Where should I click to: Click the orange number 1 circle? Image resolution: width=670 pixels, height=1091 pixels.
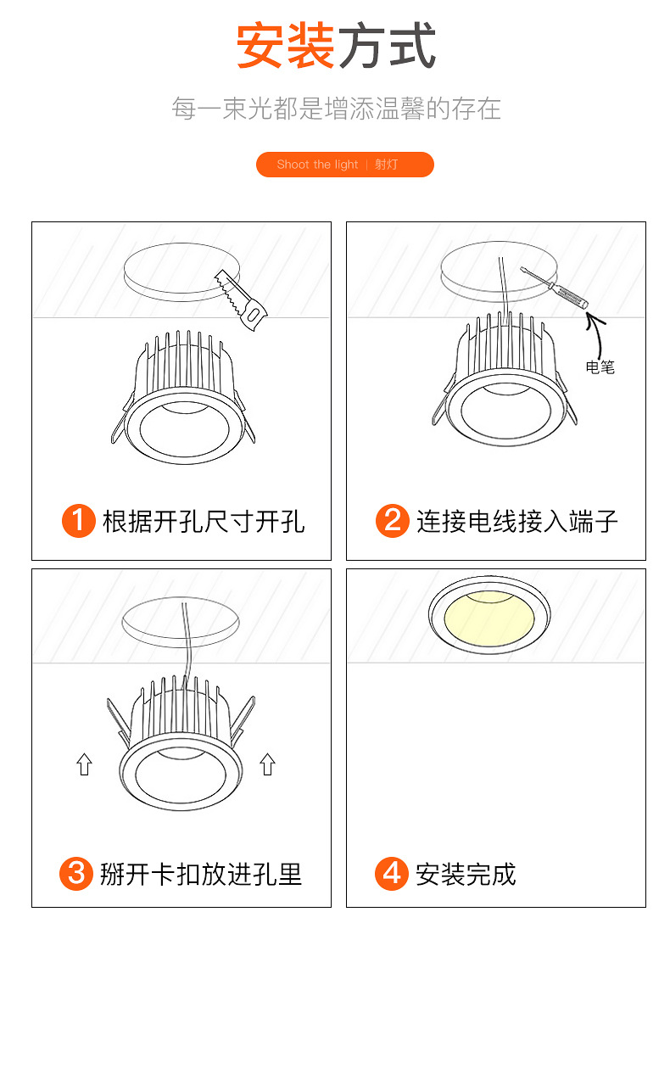tap(79, 520)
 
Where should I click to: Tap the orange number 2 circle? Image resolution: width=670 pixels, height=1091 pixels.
tap(392, 520)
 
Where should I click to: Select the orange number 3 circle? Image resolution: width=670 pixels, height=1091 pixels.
tap(76, 873)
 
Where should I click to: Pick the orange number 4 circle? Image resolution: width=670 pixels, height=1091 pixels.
tap(391, 873)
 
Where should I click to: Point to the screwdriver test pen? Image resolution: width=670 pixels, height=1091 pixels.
tap(553, 289)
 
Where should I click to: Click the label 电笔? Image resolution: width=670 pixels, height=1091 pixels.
tap(600, 367)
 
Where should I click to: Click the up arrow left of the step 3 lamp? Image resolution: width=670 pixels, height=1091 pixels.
tap(84, 764)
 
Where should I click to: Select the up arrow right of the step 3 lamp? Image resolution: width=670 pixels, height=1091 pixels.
tap(267, 764)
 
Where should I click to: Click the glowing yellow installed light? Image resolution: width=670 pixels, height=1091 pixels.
tap(489, 617)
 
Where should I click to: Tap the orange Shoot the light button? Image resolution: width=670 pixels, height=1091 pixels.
tap(344, 165)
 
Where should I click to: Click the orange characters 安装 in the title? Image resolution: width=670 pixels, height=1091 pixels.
tap(285, 46)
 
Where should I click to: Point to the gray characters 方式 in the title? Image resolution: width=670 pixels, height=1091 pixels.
tap(387, 46)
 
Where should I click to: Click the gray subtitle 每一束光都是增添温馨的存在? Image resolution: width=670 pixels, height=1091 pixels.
tap(336, 109)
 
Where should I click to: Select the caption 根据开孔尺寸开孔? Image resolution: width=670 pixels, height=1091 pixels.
tap(204, 520)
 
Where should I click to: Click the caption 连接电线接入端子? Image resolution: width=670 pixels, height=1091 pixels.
tap(517, 520)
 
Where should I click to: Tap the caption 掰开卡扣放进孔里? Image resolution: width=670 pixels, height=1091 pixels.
tap(201, 873)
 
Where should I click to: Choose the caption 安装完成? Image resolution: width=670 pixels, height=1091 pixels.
tap(466, 873)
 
